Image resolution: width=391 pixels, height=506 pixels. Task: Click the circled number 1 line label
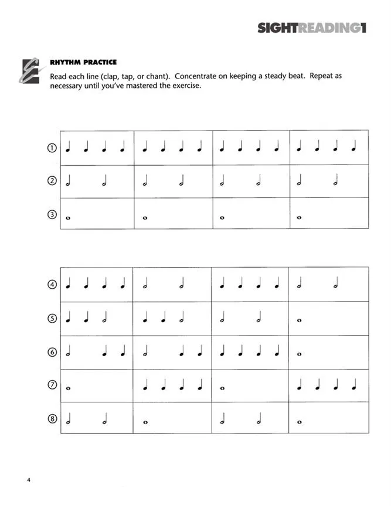(x=52, y=148)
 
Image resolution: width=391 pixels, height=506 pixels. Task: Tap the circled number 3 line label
(x=52, y=215)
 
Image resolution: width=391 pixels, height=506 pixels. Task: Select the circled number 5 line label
(x=52, y=319)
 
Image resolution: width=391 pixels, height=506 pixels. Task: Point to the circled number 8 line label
(x=52, y=419)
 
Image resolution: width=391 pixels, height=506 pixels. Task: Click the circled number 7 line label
(x=52, y=386)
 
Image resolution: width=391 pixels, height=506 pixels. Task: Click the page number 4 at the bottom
(x=28, y=481)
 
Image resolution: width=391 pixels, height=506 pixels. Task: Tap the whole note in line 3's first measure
(x=68, y=218)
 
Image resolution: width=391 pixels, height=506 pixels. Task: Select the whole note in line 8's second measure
(x=145, y=422)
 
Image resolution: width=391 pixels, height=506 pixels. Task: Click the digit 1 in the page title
(x=363, y=28)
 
